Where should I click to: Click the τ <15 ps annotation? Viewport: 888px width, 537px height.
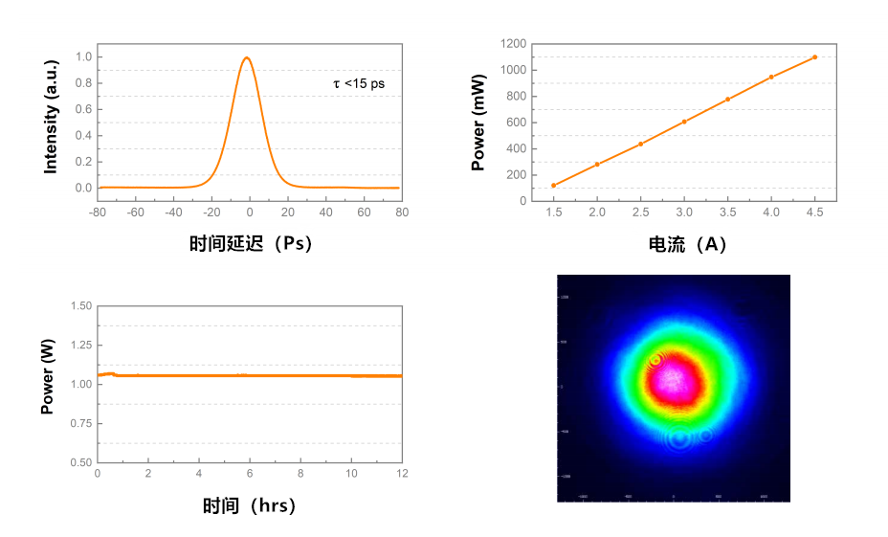coord(359,84)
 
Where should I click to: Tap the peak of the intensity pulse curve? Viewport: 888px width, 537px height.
coord(247,57)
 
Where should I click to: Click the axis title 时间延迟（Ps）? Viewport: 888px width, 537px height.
coord(251,244)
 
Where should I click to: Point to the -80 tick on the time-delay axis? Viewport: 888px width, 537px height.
coord(98,212)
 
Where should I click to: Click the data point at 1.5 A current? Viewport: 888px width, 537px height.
coord(553,185)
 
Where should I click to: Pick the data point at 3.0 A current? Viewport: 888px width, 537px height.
coord(684,122)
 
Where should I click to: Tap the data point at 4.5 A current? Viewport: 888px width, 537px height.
coord(814,57)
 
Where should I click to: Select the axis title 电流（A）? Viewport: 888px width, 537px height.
coord(687,244)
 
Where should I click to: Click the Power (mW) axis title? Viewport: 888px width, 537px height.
coord(477,122)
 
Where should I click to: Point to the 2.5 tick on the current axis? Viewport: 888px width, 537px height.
coord(640,213)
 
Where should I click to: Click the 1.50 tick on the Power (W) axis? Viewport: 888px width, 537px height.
coord(80,306)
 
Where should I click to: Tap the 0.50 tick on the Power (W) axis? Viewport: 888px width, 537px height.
coord(80,462)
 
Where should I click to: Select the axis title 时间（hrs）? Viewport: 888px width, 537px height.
coord(250,505)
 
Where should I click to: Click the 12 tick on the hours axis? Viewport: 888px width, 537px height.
coord(402,473)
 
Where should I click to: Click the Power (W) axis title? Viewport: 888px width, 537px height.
coord(47,384)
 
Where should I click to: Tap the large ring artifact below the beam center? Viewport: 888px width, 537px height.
coord(679,439)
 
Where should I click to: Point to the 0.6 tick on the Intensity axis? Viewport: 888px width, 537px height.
coord(84,109)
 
